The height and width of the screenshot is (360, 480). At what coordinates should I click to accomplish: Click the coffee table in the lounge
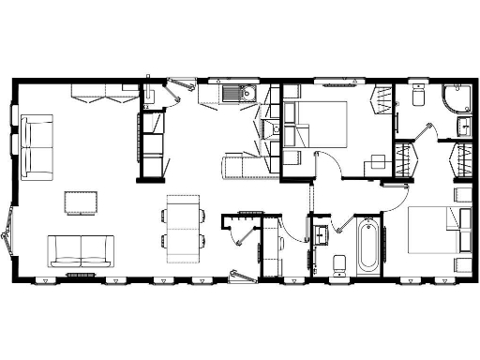[80, 202]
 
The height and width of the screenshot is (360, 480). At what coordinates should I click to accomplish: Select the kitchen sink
[234, 93]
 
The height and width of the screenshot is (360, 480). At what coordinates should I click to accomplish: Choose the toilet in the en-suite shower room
[418, 97]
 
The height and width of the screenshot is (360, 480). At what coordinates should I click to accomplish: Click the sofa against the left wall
[37, 146]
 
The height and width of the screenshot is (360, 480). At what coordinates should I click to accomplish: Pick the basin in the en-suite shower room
[464, 126]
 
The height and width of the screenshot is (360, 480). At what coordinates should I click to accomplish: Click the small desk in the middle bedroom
[377, 160]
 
